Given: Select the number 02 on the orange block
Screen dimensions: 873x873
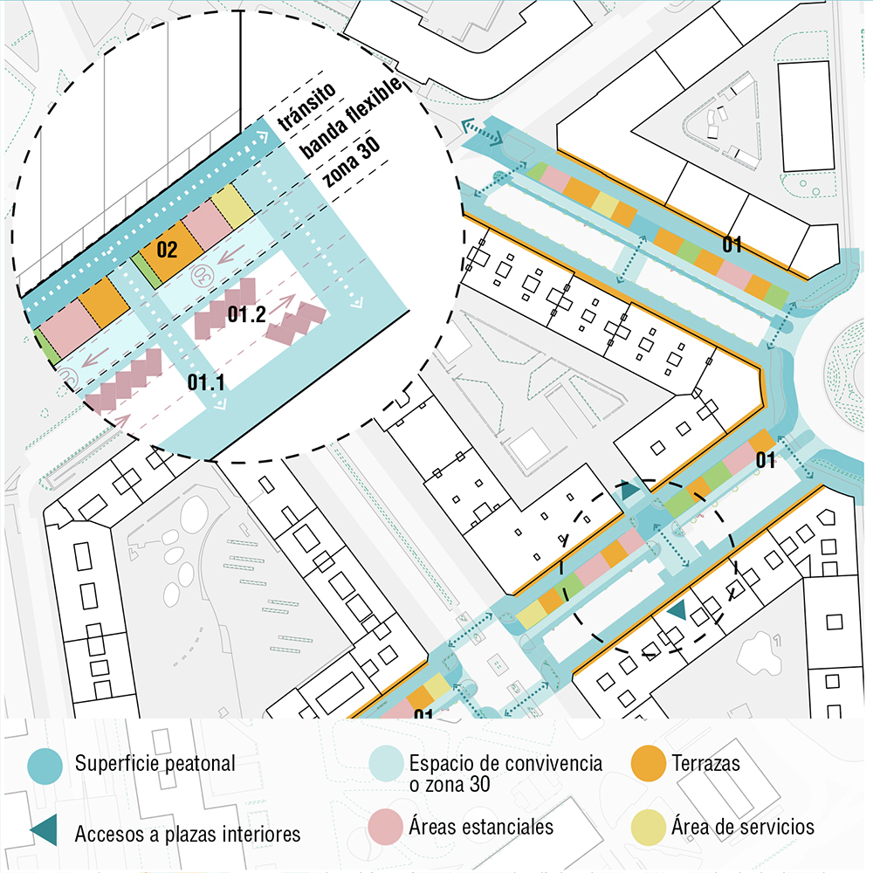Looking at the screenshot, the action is coord(166,251).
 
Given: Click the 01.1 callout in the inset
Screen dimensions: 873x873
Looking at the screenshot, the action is coord(206,382).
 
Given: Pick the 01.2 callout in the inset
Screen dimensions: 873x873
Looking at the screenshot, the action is coord(246,316).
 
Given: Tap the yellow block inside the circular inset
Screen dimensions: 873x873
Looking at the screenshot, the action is coord(232,203).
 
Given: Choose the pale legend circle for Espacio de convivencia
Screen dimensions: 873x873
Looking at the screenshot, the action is coord(386,765).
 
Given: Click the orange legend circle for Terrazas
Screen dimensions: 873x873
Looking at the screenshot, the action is coord(648,765).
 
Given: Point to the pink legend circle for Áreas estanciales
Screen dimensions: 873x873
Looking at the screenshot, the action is coord(386,826).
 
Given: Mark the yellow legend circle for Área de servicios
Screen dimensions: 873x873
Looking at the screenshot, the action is coord(648,826).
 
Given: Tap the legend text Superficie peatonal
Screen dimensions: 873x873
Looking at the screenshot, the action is coord(155,764).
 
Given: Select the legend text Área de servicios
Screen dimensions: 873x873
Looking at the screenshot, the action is coord(742,826).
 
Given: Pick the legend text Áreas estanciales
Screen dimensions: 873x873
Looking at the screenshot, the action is coord(481,826).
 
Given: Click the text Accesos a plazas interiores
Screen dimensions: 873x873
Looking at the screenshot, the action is coord(188,834).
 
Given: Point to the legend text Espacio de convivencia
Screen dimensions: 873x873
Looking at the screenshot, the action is coord(505,764).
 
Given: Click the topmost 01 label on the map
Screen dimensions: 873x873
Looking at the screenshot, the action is coord(732,245).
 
